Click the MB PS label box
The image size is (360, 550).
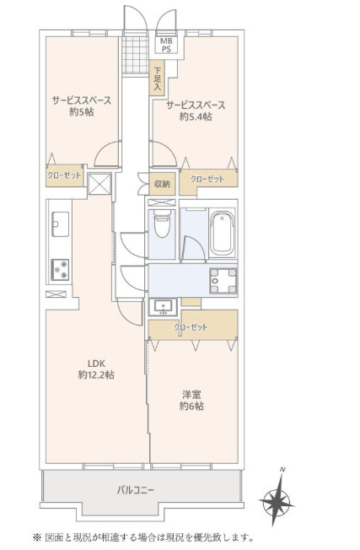click(166, 46)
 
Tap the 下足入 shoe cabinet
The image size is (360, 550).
click(157, 78)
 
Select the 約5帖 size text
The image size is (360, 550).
click(81, 112)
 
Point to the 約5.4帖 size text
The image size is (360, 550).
click(196, 116)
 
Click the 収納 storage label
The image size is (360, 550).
click(162, 183)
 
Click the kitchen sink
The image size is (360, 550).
click(61, 224)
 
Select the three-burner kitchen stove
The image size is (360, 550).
click(60, 270)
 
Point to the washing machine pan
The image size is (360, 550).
click(223, 281)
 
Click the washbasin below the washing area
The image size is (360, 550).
click(163, 307)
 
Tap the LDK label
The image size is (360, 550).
click(96, 364)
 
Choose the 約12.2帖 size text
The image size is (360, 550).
click(96, 375)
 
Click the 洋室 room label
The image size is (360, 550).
click(191, 395)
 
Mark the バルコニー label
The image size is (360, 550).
click(135, 489)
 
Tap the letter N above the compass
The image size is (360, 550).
click(282, 470)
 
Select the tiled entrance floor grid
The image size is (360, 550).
click(136, 55)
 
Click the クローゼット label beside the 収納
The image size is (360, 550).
click(207, 179)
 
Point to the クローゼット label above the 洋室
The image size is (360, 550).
click(191, 327)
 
